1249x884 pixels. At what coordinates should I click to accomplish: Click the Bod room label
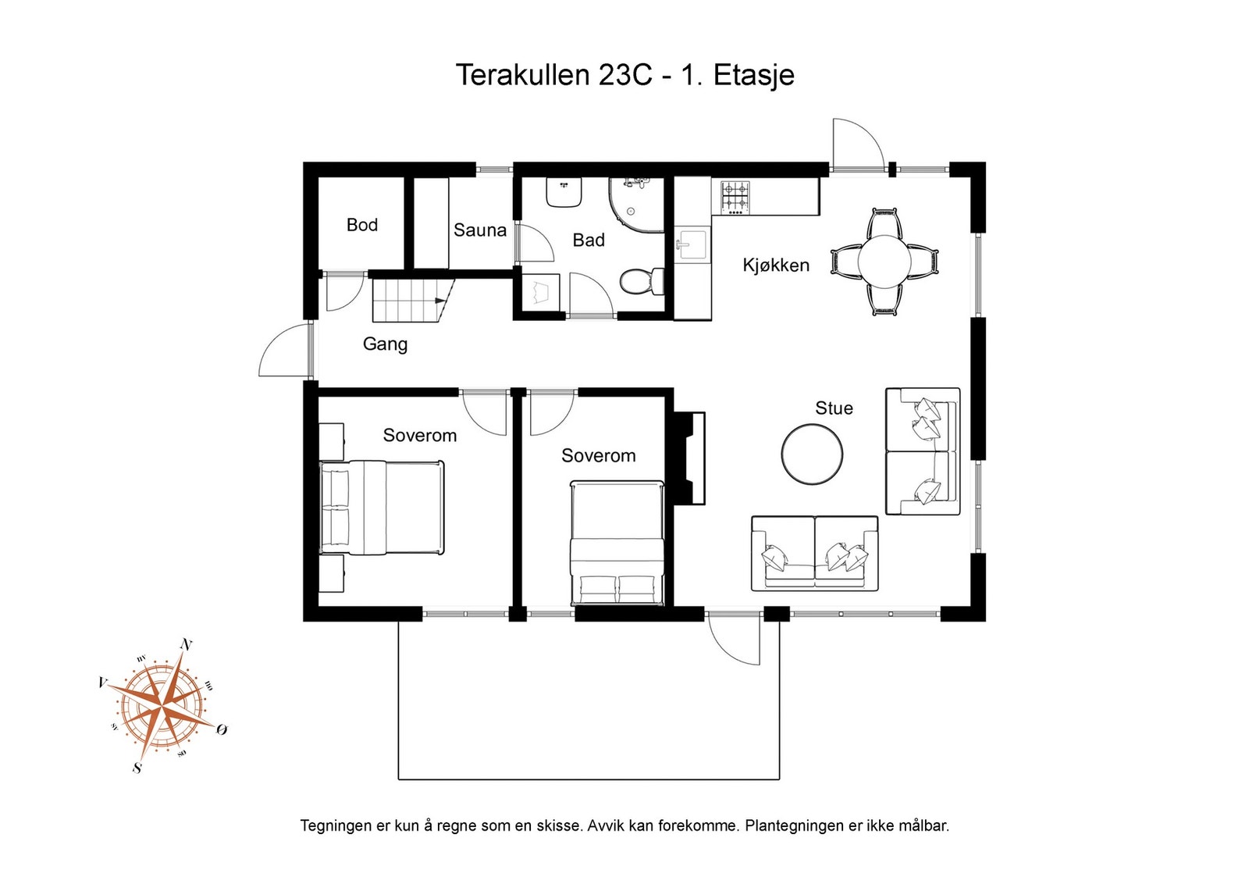[362, 225]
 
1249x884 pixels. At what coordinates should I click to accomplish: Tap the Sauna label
[479, 230]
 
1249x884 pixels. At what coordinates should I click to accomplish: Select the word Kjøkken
[776, 265]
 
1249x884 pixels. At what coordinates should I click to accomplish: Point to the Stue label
[834, 408]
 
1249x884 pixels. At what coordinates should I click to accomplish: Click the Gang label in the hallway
[385, 344]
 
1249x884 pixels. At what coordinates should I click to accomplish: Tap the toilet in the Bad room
[642, 281]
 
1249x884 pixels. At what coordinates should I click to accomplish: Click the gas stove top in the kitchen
[735, 198]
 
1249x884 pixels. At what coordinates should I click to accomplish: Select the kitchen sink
[692, 245]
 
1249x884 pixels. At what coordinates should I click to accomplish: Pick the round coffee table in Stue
[812, 454]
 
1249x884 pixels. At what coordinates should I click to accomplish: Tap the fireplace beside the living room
[689, 458]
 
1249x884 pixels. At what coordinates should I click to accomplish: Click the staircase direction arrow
[440, 301]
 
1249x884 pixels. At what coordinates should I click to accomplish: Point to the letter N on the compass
[187, 645]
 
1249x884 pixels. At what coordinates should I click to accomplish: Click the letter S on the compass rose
[137, 768]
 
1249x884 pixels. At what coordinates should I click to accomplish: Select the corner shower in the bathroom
[636, 205]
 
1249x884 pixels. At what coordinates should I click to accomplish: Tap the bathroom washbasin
[564, 192]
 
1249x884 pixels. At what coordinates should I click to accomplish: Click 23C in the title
[625, 75]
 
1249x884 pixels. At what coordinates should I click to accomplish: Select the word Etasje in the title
[753, 75]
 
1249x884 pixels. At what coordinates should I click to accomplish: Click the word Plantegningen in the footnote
[795, 826]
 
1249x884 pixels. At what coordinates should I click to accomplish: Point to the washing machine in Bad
[541, 292]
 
